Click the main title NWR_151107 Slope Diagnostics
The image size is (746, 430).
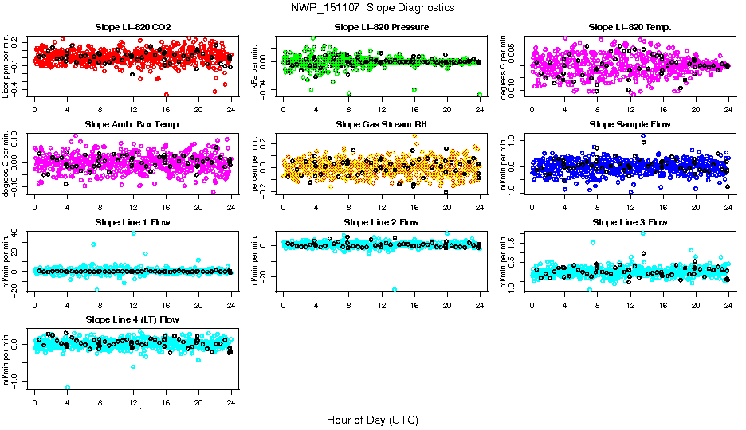pyautogui.click(x=372, y=7)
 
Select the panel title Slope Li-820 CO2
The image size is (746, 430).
pyautogui.click(x=132, y=28)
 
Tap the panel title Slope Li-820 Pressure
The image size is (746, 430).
pyautogui.click(x=382, y=28)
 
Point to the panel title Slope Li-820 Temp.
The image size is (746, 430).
pyautogui.click(x=630, y=28)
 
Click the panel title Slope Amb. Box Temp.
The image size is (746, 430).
pyautogui.click(x=132, y=125)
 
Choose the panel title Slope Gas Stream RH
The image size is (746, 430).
pyautogui.click(x=381, y=125)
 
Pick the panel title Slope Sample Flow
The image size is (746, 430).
pyautogui.click(x=630, y=125)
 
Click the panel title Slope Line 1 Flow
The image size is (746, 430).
pyautogui.click(x=132, y=222)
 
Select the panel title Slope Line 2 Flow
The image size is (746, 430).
pyautogui.click(x=381, y=222)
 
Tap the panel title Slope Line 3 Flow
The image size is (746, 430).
pyautogui.click(x=630, y=222)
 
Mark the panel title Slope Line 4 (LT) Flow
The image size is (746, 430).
pyautogui.click(x=132, y=319)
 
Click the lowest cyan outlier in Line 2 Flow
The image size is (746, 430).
pyautogui.click(x=394, y=290)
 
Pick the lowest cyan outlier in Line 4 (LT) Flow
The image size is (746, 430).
pyautogui.click(x=68, y=387)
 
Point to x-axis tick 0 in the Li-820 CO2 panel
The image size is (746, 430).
pyautogui.click(x=34, y=108)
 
